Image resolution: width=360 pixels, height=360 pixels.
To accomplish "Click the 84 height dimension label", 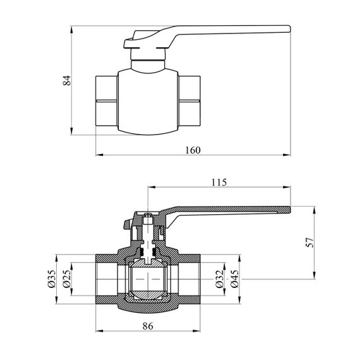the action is (67, 80).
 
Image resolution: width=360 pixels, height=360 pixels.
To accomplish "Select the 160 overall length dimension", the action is (193, 150).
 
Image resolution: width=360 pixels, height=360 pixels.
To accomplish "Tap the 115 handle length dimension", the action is (219, 183).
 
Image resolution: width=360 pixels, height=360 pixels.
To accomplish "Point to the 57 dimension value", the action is (309, 243).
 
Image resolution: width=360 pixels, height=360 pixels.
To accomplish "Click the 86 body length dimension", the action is (148, 326).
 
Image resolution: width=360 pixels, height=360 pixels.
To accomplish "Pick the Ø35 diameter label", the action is (51, 279).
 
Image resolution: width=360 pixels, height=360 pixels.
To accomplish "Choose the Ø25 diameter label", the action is (66, 279).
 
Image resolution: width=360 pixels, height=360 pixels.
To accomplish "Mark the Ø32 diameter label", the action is (220, 279).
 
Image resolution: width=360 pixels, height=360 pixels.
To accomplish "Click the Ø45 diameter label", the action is (235, 279).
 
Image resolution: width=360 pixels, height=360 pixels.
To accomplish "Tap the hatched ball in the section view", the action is (148, 279).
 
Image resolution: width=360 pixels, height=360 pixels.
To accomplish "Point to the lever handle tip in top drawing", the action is (290, 29).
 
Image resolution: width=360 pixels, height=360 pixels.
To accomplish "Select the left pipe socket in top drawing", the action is (107, 100).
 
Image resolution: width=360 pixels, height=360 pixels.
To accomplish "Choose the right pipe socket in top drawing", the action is (189, 100).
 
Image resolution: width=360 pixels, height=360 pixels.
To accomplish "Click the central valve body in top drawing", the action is (148, 102).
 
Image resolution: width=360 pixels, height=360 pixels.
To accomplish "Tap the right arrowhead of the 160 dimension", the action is (287, 155).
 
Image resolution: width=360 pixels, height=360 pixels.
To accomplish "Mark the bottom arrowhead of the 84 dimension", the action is (72, 131).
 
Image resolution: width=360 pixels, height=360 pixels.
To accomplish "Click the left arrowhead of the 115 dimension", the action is (152, 188).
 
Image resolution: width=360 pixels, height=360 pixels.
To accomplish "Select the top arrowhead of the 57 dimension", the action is (315, 210).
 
